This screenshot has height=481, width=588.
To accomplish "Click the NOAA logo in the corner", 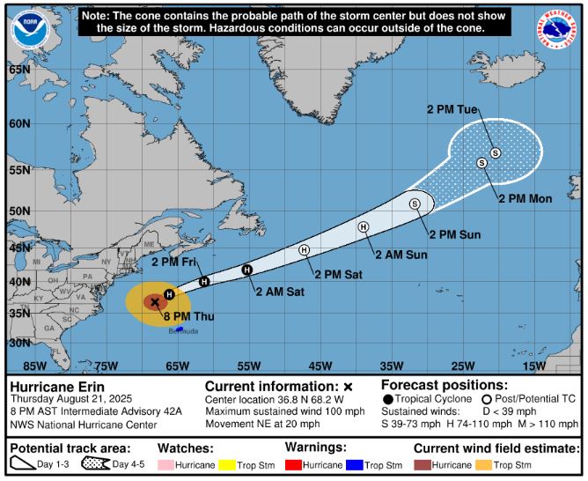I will (31, 29).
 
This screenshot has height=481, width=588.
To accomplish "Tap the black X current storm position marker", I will (155, 302).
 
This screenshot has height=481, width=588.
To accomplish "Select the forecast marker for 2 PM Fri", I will (204, 281).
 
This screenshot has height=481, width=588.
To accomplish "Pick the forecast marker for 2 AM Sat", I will (247, 270).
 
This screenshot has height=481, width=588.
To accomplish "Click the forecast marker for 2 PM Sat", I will (305, 250).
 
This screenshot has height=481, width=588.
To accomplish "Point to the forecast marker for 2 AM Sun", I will (363, 226).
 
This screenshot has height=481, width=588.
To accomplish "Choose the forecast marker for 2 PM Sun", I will (415, 203).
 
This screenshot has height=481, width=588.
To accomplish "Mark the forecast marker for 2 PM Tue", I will (496, 152).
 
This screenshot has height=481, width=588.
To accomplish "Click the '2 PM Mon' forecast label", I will (526, 198).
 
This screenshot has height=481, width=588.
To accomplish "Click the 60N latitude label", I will (19, 123).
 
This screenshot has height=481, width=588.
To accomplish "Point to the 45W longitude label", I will (320, 366).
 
